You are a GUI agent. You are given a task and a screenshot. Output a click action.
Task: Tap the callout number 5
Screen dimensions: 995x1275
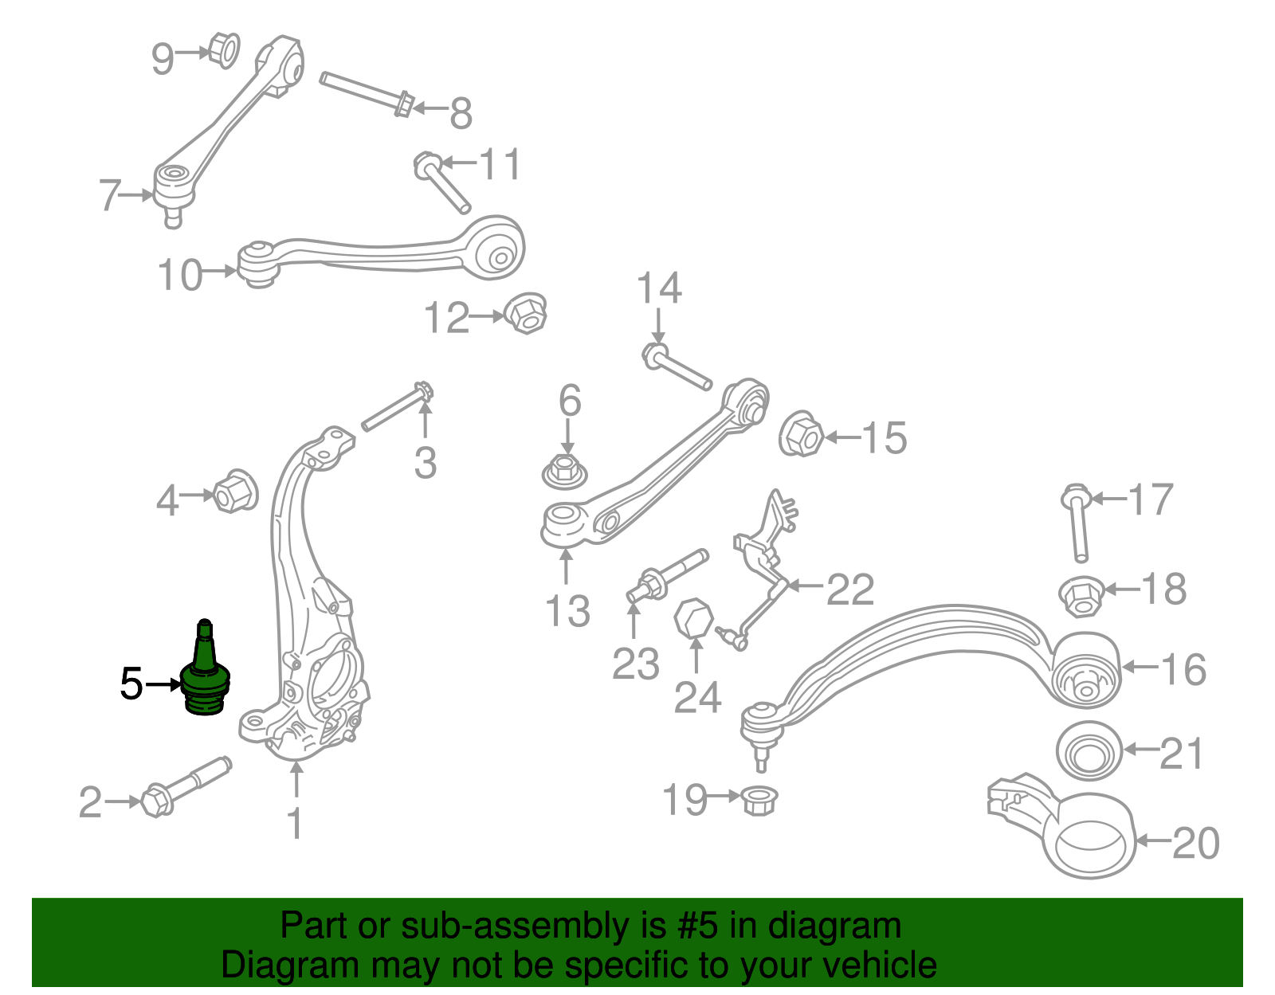131,684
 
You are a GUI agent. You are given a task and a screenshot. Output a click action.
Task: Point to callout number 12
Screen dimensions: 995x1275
446,318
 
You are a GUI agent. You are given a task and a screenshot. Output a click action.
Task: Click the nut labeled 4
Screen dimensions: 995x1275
236,492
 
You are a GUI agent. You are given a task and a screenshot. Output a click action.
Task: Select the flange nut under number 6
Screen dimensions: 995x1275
565,471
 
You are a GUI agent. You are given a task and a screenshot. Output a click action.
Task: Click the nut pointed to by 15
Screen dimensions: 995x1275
801,435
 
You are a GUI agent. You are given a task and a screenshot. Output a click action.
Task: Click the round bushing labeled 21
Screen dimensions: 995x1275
1089,752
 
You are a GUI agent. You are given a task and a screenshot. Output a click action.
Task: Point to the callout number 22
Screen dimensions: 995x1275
850,590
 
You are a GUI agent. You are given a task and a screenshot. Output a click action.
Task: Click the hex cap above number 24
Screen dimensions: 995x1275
693,618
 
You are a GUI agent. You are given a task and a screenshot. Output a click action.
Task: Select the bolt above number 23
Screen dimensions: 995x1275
668,575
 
